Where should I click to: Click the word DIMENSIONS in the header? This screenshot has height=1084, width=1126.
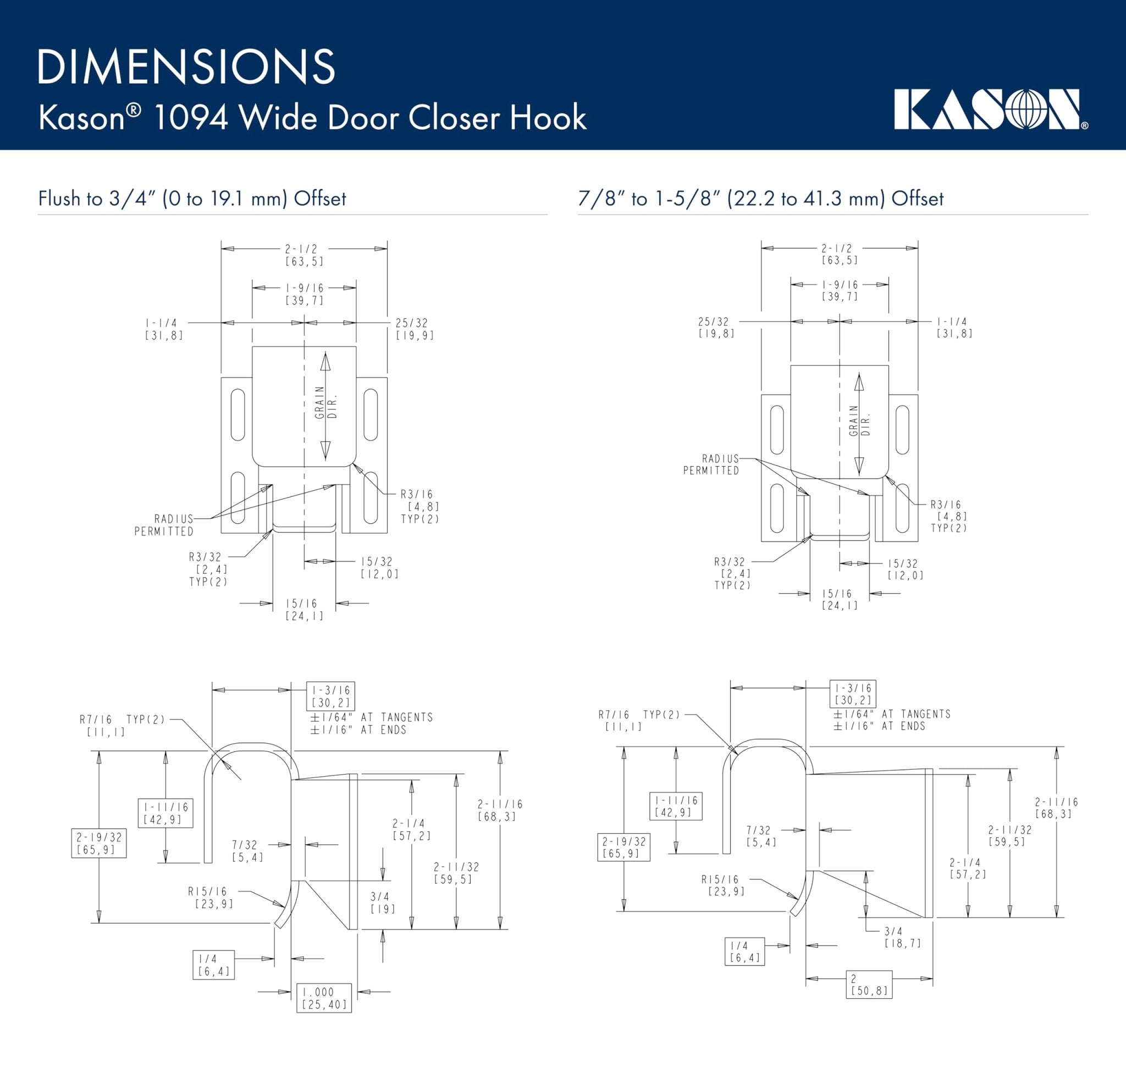click(x=186, y=67)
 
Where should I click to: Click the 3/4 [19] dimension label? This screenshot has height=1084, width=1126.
click(x=380, y=903)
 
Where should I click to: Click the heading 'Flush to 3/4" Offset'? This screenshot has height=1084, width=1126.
click(x=192, y=199)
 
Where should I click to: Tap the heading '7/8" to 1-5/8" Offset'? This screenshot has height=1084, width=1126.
click(x=760, y=199)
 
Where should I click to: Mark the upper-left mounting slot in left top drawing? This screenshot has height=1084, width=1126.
click(x=238, y=415)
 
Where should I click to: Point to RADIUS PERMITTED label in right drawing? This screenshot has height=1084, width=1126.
click(x=711, y=464)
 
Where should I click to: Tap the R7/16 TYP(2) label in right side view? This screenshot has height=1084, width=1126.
click(x=639, y=720)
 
